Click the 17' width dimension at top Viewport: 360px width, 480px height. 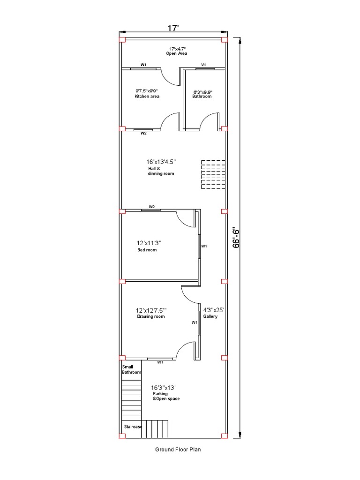173,28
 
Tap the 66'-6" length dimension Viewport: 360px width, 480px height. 236,238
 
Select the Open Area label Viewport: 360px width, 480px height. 177,53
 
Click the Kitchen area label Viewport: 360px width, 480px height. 147,97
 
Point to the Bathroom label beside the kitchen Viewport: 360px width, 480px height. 202,97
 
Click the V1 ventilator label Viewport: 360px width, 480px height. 203,65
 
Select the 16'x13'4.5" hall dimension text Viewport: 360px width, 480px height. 161,162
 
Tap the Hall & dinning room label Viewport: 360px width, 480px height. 161,171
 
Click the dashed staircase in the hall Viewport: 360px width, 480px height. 213,174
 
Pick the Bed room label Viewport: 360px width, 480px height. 147,250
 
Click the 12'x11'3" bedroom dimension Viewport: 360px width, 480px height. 149,243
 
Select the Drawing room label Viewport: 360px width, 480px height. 151,316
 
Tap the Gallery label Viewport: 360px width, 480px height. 210,316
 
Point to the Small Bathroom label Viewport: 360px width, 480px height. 132,369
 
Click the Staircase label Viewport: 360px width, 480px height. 133,427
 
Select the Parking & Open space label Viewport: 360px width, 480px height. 166,396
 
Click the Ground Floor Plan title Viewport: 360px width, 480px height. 178,450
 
